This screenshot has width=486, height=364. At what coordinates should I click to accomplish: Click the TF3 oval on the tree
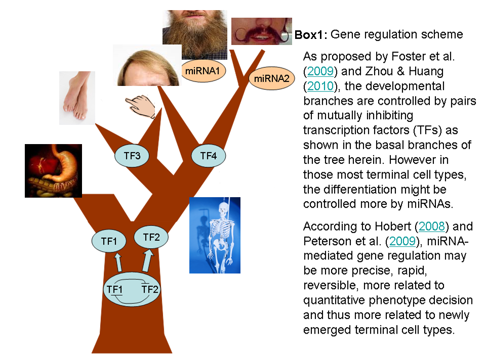pyautogui.click(x=132, y=156)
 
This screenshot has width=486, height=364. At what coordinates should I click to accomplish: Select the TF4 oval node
pyautogui.click(x=208, y=156)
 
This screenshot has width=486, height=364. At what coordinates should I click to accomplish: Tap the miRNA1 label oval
pyautogui.click(x=202, y=71)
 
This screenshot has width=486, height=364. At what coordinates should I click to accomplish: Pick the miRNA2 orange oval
pyautogui.click(x=271, y=78)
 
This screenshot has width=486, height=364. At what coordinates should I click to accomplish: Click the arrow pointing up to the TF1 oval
pyautogui.click(x=118, y=262)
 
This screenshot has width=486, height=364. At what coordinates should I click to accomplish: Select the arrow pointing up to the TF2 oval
pyautogui.click(x=148, y=261)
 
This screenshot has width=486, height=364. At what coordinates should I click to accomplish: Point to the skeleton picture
pyautogui.click(x=215, y=235)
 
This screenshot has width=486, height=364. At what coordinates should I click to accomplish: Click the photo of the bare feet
pyautogui.click(x=77, y=98)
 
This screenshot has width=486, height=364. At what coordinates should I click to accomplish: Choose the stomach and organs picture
pyautogui.click(x=53, y=170)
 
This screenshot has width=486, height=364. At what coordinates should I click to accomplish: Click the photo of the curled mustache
pyautogui.click(x=262, y=31)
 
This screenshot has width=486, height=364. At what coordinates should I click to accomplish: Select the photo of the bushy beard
pyautogui.click(x=195, y=34)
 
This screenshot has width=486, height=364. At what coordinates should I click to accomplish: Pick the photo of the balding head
pyautogui.click(x=147, y=65)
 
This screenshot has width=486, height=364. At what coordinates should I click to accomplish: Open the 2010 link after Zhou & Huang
pyautogui.click(x=320, y=86)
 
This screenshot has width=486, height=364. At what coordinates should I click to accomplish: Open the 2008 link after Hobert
pyautogui.click(x=431, y=226)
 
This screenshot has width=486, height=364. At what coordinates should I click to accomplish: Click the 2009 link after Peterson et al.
pyautogui.click(x=402, y=241)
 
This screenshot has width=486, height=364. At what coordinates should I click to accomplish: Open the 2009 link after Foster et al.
pyautogui.click(x=320, y=71)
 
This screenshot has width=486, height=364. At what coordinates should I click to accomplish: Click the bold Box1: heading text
pyautogui.click(x=311, y=34)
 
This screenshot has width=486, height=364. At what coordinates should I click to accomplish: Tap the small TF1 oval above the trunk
pyautogui.click(x=109, y=241)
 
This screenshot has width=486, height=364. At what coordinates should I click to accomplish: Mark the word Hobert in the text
pyautogui.click(x=393, y=226)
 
